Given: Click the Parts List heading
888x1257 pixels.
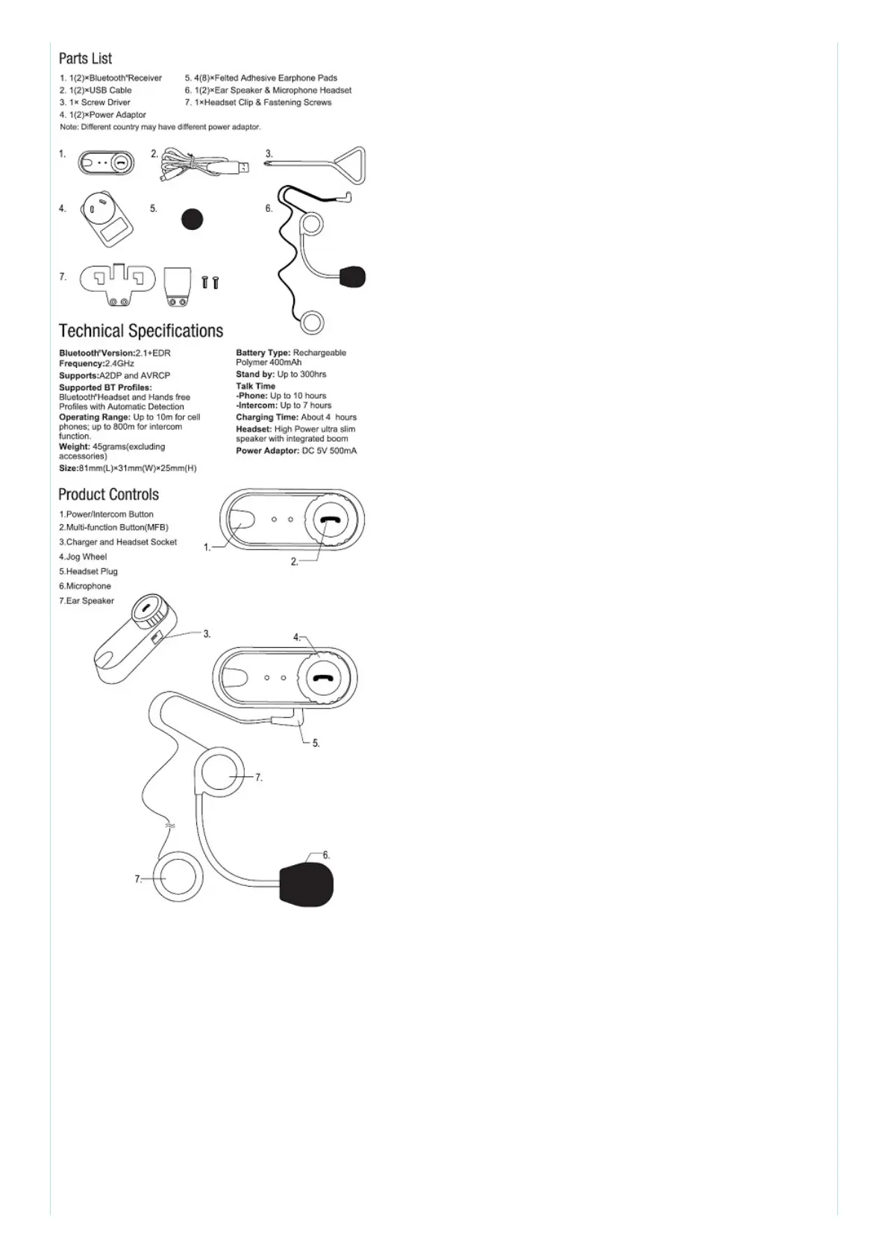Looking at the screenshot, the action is pyautogui.click(x=85, y=58).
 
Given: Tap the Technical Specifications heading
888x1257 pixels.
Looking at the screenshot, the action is pyautogui.click(x=141, y=331).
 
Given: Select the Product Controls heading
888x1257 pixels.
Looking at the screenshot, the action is pyautogui.click(x=108, y=494).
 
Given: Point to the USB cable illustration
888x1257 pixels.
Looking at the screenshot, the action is pyautogui.click(x=201, y=166).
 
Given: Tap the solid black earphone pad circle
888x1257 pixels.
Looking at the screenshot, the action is pyautogui.click(x=193, y=219).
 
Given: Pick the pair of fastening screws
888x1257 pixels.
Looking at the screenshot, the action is pyautogui.click(x=210, y=282).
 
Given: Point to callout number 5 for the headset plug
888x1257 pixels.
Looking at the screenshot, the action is pyautogui.click(x=316, y=743).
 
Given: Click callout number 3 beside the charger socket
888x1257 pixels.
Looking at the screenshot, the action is pyautogui.click(x=207, y=634).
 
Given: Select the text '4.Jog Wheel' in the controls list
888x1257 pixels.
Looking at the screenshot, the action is pyautogui.click(x=83, y=557).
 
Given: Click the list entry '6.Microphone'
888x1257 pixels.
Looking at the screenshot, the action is pyautogui.click(x=85, y=586).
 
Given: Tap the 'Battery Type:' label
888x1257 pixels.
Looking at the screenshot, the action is pyautogui.click(x=263, y=352).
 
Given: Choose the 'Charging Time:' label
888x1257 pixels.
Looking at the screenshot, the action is pyautogui.click(x=267, y=417).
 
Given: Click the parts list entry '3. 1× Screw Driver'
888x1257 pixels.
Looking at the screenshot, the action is pyautogui.click(x=95, y=102).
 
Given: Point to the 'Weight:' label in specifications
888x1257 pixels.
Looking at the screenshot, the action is pyautogui.click(x=74, y=446).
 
